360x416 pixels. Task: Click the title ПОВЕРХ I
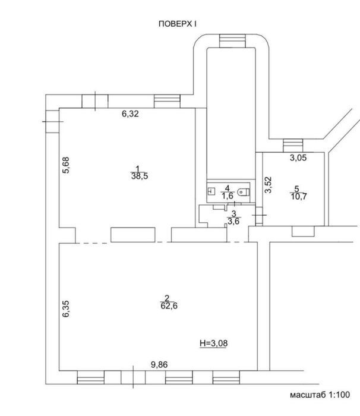[178, 24]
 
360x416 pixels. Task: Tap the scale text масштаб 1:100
[320, 395]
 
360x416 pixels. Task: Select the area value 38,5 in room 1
[140, 176]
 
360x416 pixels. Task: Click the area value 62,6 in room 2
[169, 306]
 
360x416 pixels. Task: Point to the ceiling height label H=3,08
[213, 343]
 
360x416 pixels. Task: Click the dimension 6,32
[130, 114]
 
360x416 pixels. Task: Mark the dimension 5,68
[66, 165]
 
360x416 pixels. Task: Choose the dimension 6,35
[66, 308]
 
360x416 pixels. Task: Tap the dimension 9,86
[159, 364]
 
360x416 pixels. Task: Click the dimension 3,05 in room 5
[298, 158]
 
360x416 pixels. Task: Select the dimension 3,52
[269, 185]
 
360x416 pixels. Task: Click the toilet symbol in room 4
[244, 191]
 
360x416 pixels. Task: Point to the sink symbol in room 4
[211, 191]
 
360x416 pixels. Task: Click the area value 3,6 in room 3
[233, 221]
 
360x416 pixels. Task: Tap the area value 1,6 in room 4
[228, 196]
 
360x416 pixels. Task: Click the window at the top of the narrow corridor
[233, 41]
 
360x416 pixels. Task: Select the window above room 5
[293, 146]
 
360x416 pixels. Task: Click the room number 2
[167, 298]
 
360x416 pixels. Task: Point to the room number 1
[137, 168]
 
